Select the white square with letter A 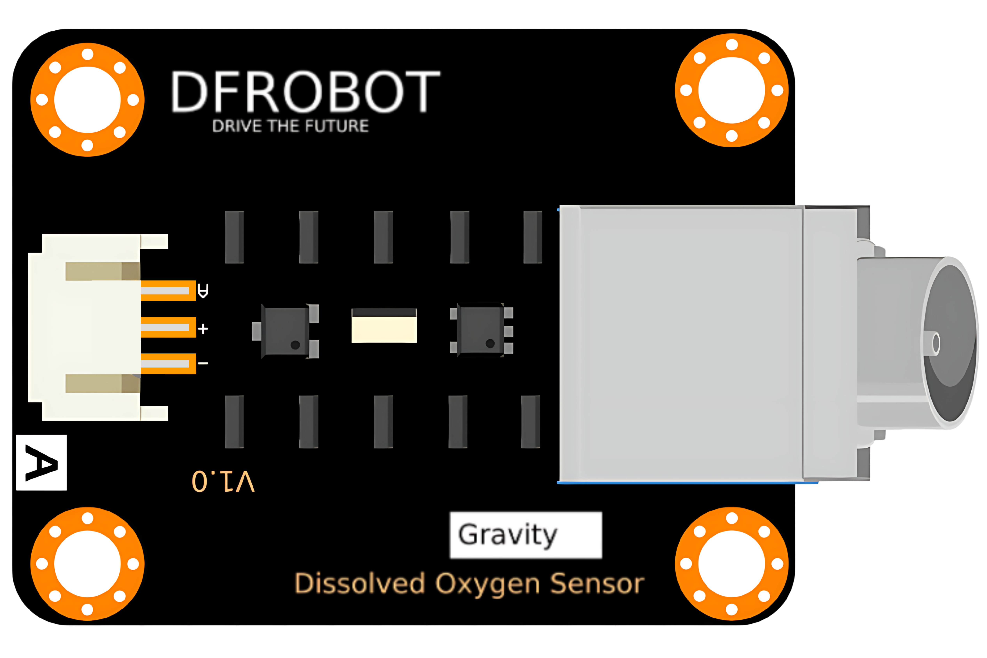(41, 462)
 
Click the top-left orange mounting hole (87, 100)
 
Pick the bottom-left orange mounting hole (87, 564)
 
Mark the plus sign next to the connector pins (203, 329)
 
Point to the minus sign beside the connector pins (203, 363)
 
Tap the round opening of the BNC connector (950, 343)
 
